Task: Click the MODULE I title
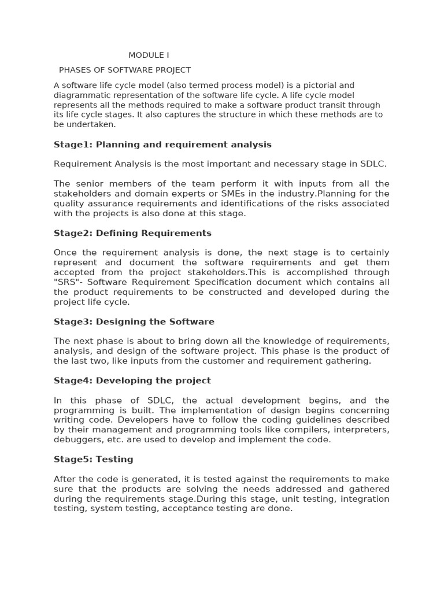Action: [x=149, y=55]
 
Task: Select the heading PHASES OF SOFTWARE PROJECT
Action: [x=125, y=70]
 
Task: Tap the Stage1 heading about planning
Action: [x=162, y=145]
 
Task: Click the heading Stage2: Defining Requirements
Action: [x=132, y=233]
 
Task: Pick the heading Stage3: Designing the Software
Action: [x=134, y=321]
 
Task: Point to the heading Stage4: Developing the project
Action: [x=132, y=380]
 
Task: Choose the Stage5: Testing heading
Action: [x=94, y=459]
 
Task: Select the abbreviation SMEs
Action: [x=214, y=194]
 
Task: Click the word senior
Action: [x=94, y=184]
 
